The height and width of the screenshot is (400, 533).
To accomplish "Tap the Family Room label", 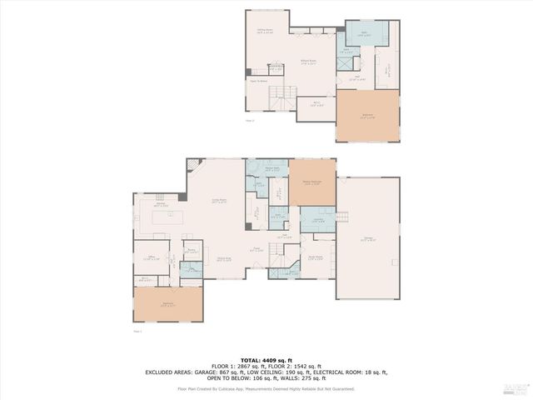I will click(220, 201).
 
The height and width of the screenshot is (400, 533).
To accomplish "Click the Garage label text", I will click(367, 239).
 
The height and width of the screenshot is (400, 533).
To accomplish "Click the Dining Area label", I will click(224, 260).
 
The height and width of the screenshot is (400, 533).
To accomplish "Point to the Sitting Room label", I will click(265, 31).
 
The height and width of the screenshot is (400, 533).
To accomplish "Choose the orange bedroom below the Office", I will click(168, 304).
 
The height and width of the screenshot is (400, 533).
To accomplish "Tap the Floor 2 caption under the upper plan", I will click(249, 122).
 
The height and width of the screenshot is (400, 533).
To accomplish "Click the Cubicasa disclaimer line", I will click(266, 388).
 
